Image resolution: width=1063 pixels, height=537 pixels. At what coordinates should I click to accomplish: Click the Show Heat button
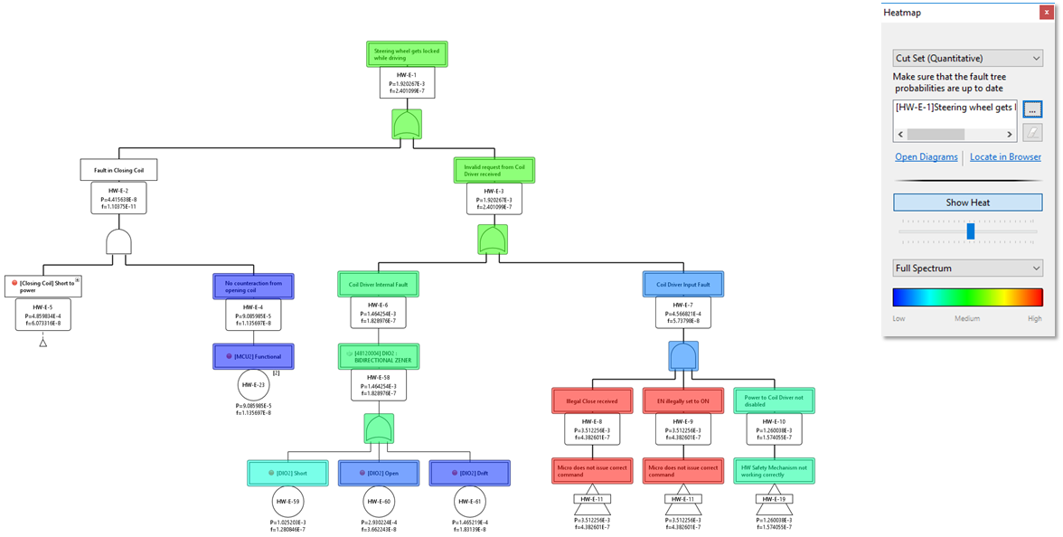967,203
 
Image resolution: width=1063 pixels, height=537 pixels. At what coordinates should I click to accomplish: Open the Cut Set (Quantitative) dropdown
967,58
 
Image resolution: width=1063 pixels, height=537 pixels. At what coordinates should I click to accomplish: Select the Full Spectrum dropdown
967,268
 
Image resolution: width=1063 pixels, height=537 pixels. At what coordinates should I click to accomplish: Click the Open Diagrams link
926,156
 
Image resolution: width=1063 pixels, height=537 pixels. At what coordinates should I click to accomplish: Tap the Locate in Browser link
1005,156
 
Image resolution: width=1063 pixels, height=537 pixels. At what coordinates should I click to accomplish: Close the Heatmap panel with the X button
1046,12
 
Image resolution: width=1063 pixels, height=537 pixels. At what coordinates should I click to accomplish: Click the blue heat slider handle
970,231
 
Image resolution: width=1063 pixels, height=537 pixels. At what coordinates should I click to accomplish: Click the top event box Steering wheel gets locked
407,54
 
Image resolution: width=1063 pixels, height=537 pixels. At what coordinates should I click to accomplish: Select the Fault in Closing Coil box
119,170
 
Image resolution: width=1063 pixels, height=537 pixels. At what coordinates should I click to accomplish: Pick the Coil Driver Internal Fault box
378,284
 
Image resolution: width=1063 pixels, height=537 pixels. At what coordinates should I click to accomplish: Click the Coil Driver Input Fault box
682,284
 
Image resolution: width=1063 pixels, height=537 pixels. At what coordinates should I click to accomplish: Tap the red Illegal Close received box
592,400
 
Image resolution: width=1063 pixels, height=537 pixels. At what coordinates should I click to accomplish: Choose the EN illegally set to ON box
682,400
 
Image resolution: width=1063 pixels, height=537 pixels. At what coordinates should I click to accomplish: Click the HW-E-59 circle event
289,502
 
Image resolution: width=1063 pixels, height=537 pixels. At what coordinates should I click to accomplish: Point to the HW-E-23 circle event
254,385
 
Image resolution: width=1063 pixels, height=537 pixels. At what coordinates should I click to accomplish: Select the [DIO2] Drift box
469,473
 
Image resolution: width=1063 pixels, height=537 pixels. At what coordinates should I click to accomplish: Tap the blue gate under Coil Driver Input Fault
682,356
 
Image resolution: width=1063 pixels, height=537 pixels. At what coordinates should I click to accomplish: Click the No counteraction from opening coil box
253,287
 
